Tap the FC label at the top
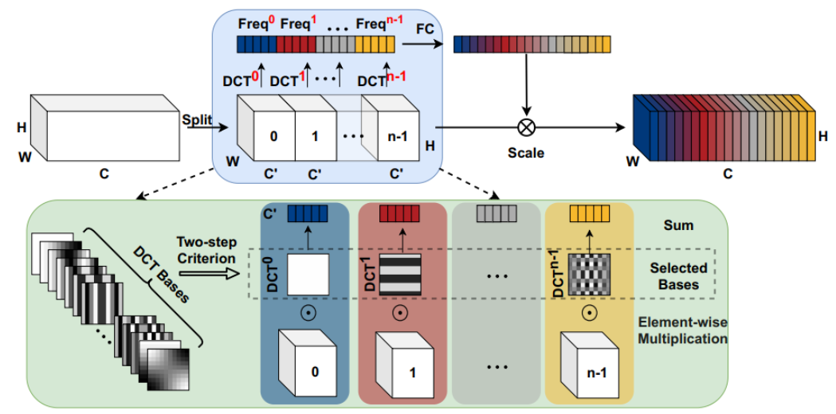click(425, 29)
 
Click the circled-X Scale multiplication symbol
click(525, 127)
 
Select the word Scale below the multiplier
click(525, 152)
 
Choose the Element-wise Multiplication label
click(683, 330)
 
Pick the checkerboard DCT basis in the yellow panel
click(589, 275)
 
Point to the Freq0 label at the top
click(257, 14)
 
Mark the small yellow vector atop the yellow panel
click(589, 213)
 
